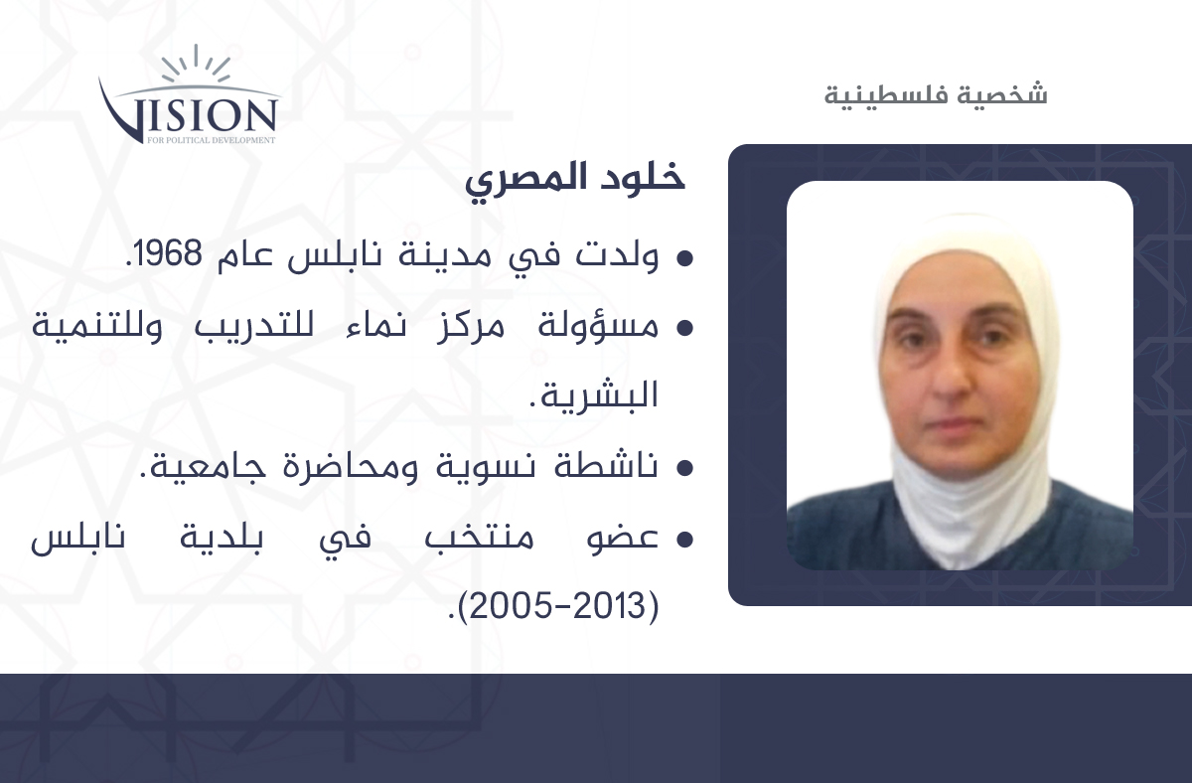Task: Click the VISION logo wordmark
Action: [x=189, y=111]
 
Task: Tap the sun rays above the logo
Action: [x=196, y=63]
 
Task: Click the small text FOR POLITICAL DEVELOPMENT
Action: [x=212, y=140]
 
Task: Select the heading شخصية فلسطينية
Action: [x=936, y=94]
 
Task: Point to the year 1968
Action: [x=167, y=253]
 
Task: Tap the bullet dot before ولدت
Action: [x=684, y=258]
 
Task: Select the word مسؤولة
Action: [x=598, y=325]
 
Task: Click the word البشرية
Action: [x=599, y=394]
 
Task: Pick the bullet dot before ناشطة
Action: [x=684, y=468]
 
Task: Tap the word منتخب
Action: [x=479, y=537]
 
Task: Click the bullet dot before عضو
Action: [x=684, y=540]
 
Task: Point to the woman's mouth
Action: [x=955, y=423]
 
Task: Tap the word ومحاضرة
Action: [x=351, y=466]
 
